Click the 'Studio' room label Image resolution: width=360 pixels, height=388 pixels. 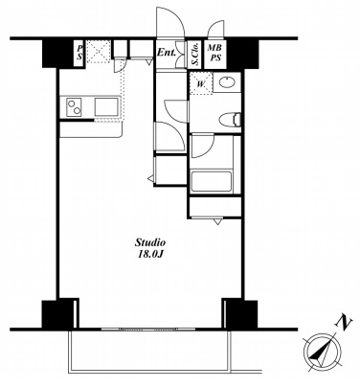[x=150, y=243]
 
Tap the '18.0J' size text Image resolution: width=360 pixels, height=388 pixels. [x=150, y=255]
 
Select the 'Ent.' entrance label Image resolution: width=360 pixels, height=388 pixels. [x=166, y=53]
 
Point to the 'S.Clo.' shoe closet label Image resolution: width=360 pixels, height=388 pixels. [x=195, y=55]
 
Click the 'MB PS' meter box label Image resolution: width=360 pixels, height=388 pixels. [x=214, y=54]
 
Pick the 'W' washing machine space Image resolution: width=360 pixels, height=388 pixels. [x=201, y=83]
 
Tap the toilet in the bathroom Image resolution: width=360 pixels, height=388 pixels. [x=230, y=120]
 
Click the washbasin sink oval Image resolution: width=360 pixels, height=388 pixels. [x=227, y=81]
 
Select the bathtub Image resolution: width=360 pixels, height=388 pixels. [x=211, y=182]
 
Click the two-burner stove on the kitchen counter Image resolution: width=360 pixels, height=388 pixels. [x=74, y=106]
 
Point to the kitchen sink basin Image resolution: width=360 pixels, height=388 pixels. [x=106, y=106]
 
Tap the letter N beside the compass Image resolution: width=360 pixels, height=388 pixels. [x=344, y=322]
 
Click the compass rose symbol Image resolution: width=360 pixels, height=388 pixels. [x=322, y=353]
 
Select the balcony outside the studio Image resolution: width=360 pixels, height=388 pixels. [x=150, y=352]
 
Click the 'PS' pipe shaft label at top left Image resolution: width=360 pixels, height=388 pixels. [x=79, y=54]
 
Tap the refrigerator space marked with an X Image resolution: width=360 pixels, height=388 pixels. [x=99, y=51]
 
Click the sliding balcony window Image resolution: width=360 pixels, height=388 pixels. [x=148, y=330]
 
